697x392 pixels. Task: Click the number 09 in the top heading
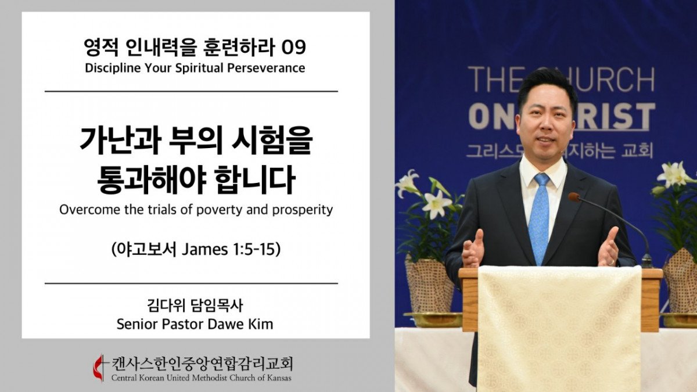(293, 48)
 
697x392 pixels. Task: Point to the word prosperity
(303, 211)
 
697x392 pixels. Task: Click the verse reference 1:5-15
(254, 250)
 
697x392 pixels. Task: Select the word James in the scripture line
(204, 250)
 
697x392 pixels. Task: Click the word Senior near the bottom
(138, 324)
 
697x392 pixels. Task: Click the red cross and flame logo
(99, 367)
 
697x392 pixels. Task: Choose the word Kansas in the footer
(279, 378)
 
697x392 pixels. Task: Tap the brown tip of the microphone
(574, 197)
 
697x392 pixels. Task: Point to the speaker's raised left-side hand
(473, 249)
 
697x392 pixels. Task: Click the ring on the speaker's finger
(611, 262)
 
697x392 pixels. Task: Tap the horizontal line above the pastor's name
(191, 283)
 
